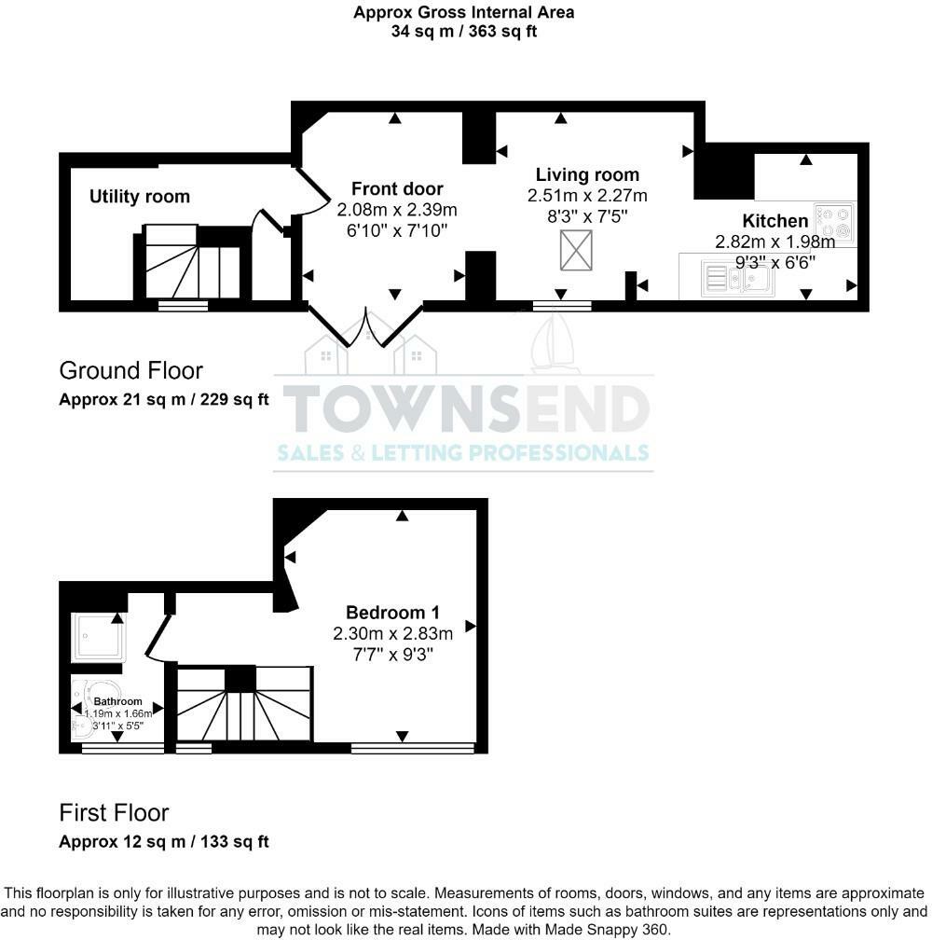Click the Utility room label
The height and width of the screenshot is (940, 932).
pos(140,197)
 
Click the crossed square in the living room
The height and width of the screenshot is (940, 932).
pos(575,250)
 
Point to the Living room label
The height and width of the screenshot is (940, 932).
pos(587,174)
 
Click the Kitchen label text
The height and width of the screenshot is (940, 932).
pos(774,221)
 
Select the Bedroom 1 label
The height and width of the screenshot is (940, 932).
pos(392,613)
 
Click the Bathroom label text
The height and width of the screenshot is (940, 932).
pos(117,701)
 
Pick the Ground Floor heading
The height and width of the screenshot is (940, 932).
pos(130,370)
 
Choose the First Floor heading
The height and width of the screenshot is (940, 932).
pos(114,812)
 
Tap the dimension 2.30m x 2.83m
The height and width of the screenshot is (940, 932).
pos(392,634)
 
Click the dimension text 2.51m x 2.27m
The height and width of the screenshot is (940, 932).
pos(587,196)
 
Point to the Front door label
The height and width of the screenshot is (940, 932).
pos(397,188)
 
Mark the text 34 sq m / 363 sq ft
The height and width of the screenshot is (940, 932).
pos(463,32)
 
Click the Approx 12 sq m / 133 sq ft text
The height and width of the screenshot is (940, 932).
pos(164,842)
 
